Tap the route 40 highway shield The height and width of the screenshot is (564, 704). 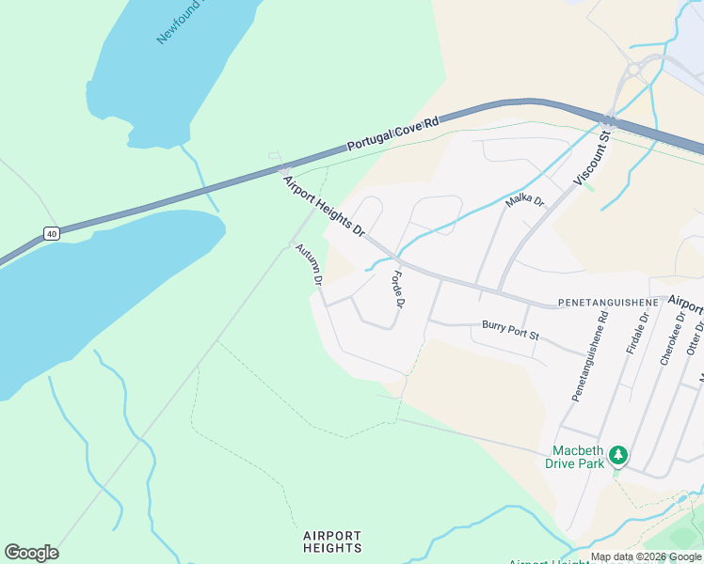click(51, 233)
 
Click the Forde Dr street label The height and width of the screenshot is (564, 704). click(397, 290)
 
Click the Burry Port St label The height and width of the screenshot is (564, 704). click(510, 330)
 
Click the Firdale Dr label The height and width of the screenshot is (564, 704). click(637, 334)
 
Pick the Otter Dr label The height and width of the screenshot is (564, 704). click(696, 336)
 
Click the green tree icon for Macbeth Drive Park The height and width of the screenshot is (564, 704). click(617, 456)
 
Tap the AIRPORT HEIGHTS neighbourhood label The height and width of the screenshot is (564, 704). click(332, 541)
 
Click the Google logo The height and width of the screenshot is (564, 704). click(31, 553)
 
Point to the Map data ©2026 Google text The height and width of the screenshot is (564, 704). click(647, 557)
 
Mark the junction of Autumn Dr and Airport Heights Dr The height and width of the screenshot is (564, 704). click(292, 244)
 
